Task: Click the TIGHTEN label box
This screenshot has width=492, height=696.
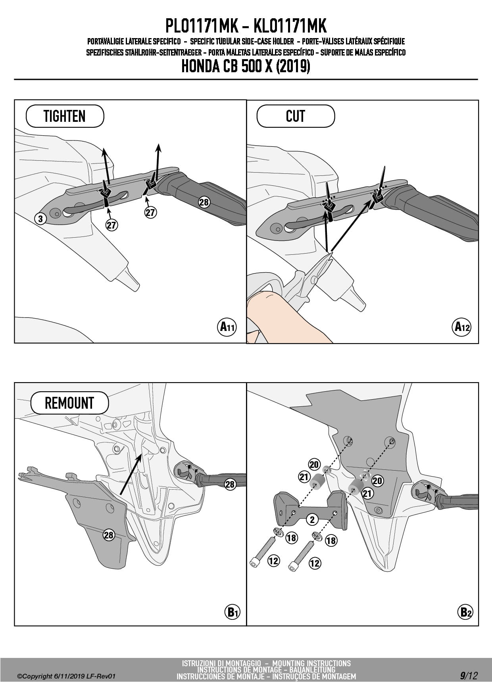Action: point(65,116)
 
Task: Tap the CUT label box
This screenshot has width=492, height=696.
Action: point(296,116)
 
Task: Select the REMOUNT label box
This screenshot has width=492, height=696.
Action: point(69,403)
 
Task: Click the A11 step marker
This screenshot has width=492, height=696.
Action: point(227,327)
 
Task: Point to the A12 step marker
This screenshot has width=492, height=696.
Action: point(462,327)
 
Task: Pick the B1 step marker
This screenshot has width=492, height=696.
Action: point(232,612)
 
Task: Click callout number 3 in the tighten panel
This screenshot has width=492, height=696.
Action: point(40,219)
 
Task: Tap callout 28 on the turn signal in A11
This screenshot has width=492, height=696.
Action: point(204,202)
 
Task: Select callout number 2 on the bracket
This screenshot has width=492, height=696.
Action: point(312,519)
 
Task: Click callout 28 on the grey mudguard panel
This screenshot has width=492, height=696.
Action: point(109,535)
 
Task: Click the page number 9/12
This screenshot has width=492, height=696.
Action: point(469,676)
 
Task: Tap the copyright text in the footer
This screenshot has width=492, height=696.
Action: point(66,676)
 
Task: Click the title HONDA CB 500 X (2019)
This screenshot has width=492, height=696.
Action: point(246,66)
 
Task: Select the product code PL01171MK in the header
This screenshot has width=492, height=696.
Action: point(202,26)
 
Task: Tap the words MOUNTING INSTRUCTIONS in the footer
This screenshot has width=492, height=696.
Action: point(311,663)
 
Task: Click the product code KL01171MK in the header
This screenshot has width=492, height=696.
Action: point(290,26)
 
